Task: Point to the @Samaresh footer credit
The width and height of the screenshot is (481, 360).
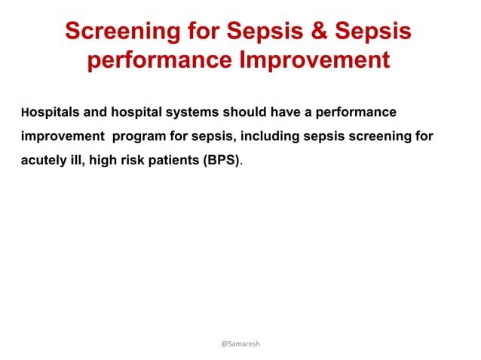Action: [240, 343]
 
